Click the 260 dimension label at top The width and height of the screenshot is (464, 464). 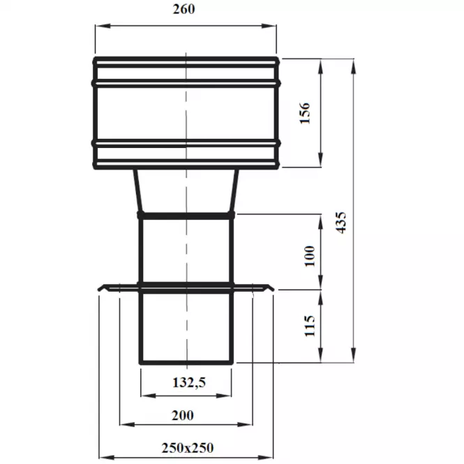184,9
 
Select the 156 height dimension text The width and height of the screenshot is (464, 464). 305,113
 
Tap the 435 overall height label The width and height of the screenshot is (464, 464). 341,223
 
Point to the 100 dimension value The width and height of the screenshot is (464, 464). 310,256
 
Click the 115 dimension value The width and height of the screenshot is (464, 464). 310,326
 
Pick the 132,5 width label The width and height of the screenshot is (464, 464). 189,382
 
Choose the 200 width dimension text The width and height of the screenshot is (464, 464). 183,415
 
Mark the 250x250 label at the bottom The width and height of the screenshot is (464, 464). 187,448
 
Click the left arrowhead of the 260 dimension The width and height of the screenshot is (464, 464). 103,26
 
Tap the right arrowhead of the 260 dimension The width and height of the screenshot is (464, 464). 269,26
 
